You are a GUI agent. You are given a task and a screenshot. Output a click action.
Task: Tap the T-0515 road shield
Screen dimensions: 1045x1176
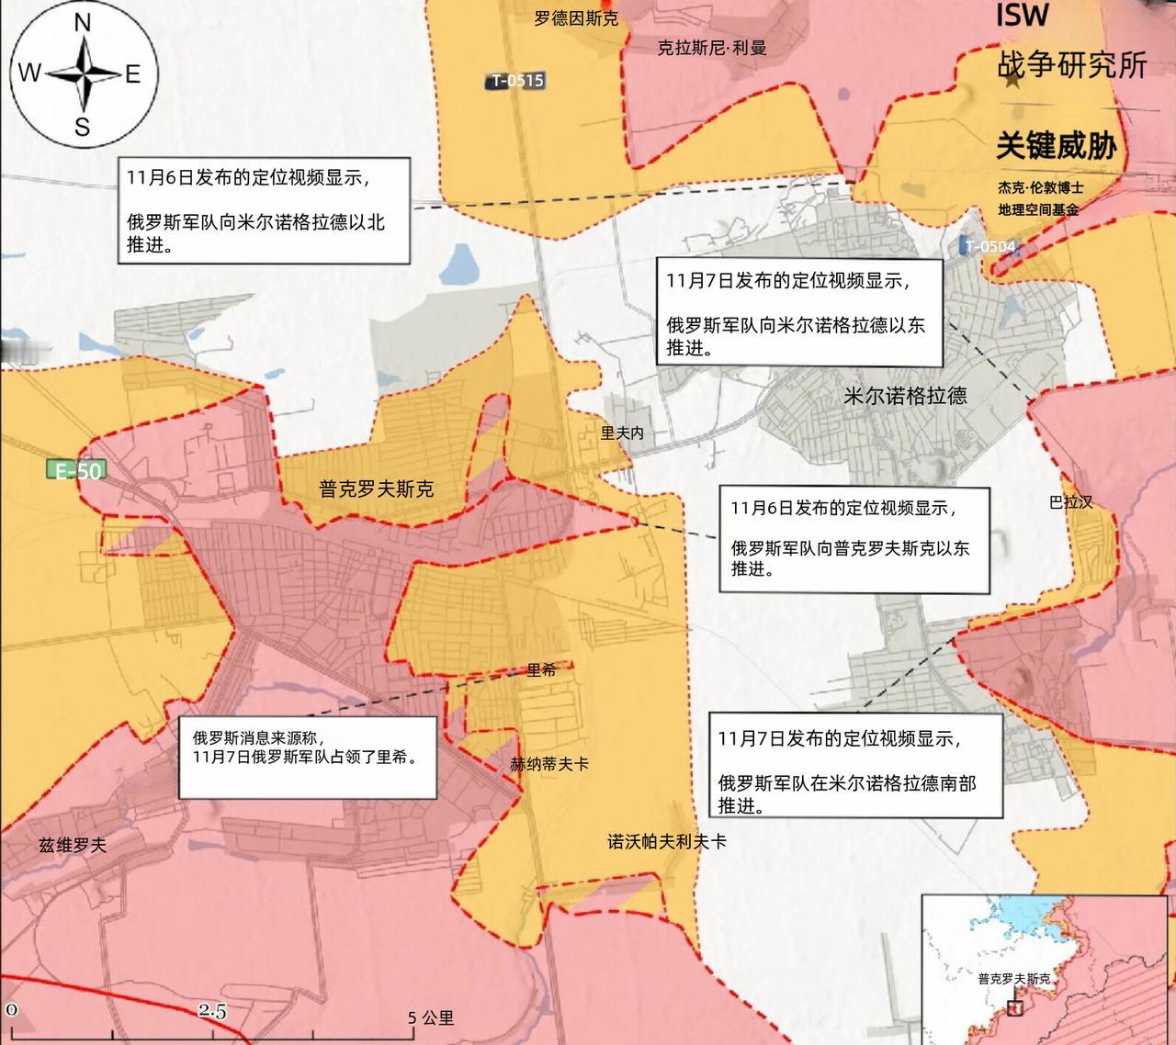pyautogui.click(x=516, y=81)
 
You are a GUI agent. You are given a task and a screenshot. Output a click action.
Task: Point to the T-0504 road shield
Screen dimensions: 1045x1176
pyautogui.click(x=989, y=246)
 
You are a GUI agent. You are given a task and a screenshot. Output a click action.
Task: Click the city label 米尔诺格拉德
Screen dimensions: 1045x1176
pyautogui.click(x=905, y=396)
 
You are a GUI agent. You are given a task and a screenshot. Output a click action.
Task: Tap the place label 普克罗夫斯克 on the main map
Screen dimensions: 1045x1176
pyautogui.click(x=377, y=489)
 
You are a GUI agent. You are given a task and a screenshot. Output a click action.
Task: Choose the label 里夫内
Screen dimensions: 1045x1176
pyautogui.click(x=622, y=433)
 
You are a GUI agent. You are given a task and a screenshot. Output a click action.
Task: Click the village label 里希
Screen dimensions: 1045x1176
pyautogui.click(x=541, y=670)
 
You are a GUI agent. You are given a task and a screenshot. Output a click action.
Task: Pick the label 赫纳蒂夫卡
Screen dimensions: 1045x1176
pyautogui.click(x=549, y=763)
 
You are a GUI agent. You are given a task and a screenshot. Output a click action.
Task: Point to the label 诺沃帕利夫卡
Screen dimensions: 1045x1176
pyautogui.click(x=667, y=841)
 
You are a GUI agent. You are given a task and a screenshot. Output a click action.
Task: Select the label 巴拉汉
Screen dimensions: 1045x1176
pyautogui.click(x=1071, y=502)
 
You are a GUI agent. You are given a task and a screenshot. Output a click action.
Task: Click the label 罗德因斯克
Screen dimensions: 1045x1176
pyautogui.click(x=576, y=18)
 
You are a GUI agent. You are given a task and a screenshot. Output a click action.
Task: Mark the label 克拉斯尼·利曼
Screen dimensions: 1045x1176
pyautogui.click(x=712, y=48)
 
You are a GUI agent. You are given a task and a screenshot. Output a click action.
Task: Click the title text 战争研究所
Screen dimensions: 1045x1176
pyautogui.click(x=1072, y=65)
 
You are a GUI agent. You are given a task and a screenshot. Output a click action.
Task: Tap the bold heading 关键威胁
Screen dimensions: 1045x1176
pyautogui.click(x=1057, y=146)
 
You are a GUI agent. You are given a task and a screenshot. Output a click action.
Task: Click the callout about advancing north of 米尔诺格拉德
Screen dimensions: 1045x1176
pyautogui.click(x=263, y=210)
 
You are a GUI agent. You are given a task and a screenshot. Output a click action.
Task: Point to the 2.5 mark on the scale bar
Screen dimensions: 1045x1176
pyautogui.click(x=212, y=1010)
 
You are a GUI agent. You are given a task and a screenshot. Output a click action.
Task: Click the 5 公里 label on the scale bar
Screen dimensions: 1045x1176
pyautogui.click(x=431, y=1017)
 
